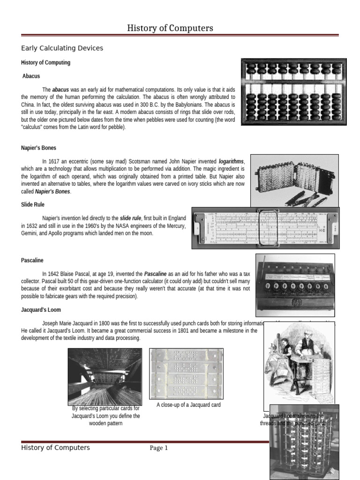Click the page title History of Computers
[x=170, y=29]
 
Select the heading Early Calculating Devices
[x=62, y=48]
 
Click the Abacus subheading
[x=31, y=76]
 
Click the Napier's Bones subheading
[x=38, y=148]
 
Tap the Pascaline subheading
[x=32, y=260]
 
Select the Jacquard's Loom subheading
[x=41, y=310]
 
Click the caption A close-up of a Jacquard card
[x=188, y=405]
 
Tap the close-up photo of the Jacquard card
[x=186, y=373]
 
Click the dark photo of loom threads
[x=105, y=376]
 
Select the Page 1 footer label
[x=158, y=448]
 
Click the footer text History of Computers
[x=55, y=448]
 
